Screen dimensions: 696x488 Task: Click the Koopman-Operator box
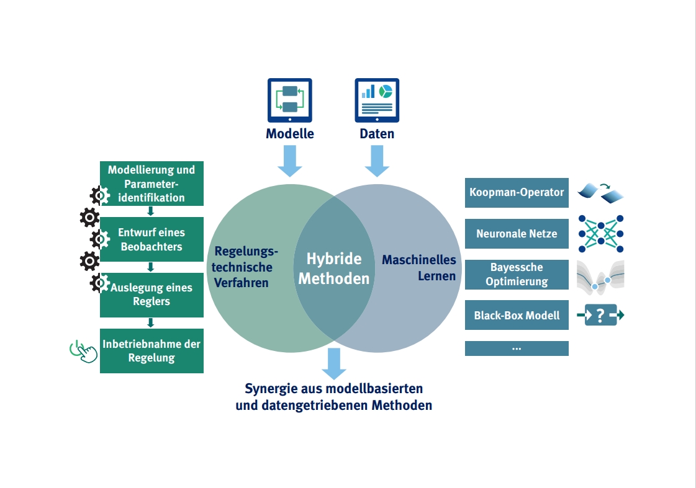click(x=517, y=192)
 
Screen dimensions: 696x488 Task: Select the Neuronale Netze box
click(x=517, y=234)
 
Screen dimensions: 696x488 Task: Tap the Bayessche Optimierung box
click(x=517, y=274)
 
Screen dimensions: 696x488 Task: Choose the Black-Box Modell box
click(x=517, y=315)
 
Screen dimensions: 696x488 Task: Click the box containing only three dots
click(x=517, y=348)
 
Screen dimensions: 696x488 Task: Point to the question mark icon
click(x=600, y=315)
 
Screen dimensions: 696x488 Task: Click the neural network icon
click(x=601, y=234)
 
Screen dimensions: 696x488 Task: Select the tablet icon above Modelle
click(x=290, y=100)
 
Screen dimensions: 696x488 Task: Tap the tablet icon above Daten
click(x=377, y=100)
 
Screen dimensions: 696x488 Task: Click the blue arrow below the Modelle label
click(x=290, y=161)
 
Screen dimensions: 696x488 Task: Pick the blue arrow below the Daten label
click(x=377, y=161)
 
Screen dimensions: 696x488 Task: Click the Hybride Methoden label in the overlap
click(x=334, y=268)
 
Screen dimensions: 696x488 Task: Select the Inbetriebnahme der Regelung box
click(x=152, y=351)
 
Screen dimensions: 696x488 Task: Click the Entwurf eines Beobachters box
click(x=152, y=239)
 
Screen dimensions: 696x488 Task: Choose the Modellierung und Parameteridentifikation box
click(x=152, y=184)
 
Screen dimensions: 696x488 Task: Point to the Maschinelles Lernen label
click(x=419, y=268)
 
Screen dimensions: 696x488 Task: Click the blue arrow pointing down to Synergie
click(x=334, y=363)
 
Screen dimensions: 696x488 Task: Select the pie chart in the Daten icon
click(x=386, y=91)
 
